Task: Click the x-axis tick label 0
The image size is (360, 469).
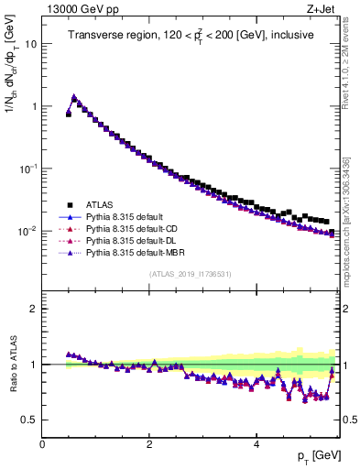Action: (42, 443)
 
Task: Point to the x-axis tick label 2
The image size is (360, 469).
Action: (149, 443)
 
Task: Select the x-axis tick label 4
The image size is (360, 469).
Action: (256, 443)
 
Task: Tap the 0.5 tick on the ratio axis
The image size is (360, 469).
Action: (30, 420)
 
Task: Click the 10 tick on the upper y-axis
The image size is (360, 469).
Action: (30, 44)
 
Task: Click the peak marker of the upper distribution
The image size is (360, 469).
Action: (74, 96)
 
